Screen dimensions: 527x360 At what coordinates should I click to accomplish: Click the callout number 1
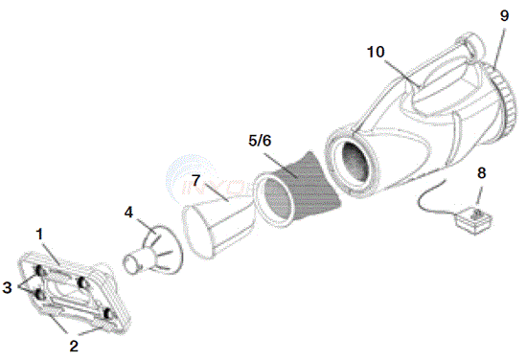(x=40, y=235)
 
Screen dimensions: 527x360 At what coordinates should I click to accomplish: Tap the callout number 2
(x=74, y=346)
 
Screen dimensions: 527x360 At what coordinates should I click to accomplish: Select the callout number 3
(x=7, y=287)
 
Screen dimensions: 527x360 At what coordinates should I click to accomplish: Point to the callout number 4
(x=128, y=213)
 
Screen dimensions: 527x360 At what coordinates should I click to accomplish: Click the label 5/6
(x=260, y=141)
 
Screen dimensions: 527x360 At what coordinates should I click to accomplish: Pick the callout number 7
(x=196, y=181)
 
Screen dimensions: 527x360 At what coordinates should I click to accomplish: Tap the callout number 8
(x=481, y=173)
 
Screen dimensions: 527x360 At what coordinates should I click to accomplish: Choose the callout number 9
(x=504, y=15)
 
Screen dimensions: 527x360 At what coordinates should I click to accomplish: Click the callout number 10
(x=376, y=52)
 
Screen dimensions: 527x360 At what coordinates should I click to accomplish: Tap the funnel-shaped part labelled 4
(x=153, y=250)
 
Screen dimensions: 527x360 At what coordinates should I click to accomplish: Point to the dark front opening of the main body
(x=355, y=164)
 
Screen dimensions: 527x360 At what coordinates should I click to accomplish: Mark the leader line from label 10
(x=402, y=73)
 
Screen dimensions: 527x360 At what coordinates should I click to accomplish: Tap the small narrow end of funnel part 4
(x=131, y=263)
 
